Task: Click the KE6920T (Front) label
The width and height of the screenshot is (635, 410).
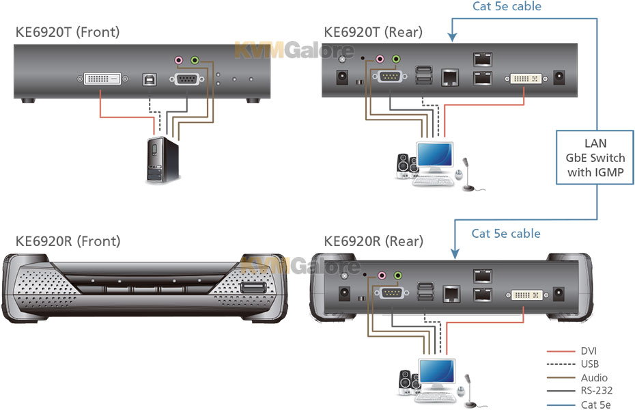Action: point(68,32)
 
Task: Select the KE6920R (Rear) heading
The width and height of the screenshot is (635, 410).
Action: point(373,241)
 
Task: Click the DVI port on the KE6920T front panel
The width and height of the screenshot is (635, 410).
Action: point(104,79)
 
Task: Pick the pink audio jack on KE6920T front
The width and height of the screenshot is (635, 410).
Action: point(179,60)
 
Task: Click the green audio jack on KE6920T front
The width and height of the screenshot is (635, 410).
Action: point(195,60)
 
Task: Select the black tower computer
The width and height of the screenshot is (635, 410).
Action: point(163,160)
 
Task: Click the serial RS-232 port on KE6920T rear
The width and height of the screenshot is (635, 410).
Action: point(389,78)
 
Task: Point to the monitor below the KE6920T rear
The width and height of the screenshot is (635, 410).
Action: point(435,156)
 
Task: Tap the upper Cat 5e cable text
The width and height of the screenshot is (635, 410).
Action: point(507,7)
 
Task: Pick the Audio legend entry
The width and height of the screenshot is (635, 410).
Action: point(592,377)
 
